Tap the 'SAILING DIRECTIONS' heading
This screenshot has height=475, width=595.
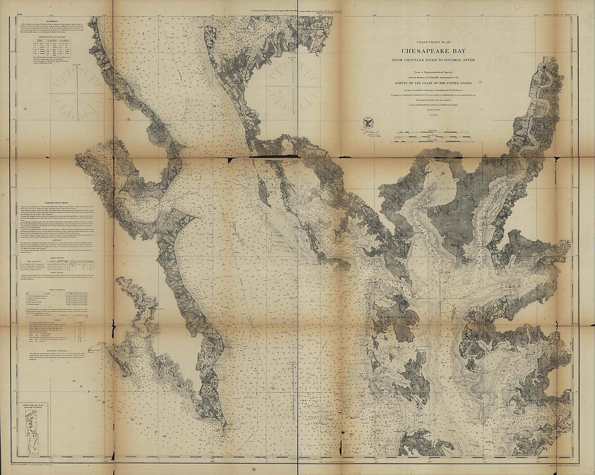(57, 203)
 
